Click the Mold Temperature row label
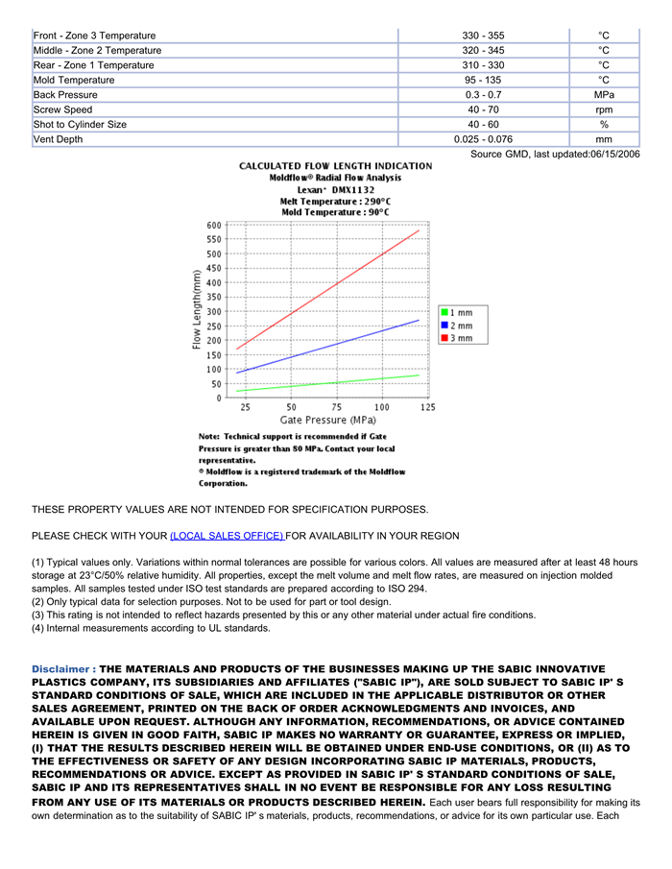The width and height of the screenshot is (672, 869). coord(74,80)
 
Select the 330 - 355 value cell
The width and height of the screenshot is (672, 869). coord(483,36)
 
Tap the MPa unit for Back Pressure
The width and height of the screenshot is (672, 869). coord(604,95)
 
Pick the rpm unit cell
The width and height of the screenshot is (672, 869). coord(604,109)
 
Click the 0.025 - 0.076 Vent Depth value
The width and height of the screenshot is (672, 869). coord(483,139)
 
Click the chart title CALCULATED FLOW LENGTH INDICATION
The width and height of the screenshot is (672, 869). coord(335,166)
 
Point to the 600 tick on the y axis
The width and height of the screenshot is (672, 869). coord(213,225)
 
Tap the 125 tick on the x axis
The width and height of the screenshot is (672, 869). coord(427,407)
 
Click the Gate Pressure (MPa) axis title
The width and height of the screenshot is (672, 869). coord(327,421)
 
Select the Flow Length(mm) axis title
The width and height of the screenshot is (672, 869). coord(197,309)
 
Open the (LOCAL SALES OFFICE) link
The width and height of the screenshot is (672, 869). coord(227,535)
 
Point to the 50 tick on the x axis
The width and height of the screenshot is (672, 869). coord(291,407)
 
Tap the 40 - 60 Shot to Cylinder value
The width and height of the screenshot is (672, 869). coord(483,125)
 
